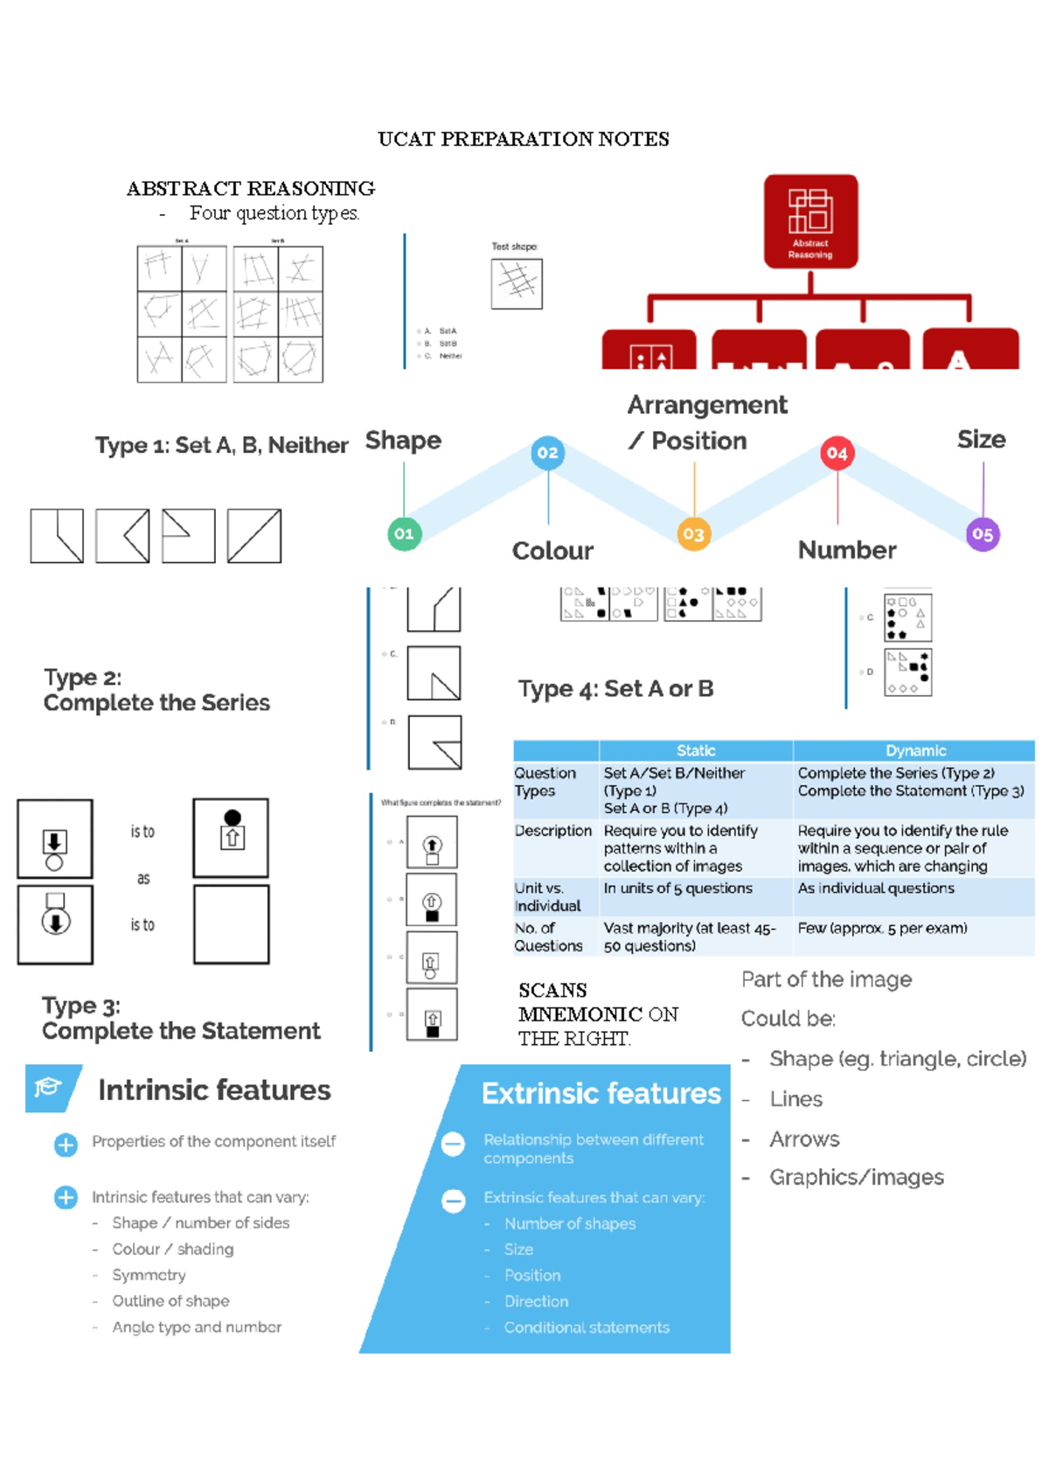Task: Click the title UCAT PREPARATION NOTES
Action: [x=523, y=139]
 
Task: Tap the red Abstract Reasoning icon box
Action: [x=810, y=220]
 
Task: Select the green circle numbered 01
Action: [x=404, y=533]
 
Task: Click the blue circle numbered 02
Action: [x=548, y=452]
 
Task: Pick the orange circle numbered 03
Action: [x=693, y=533]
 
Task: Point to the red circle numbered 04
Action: [x=837, y=453]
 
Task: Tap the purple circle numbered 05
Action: [x=983, y=534]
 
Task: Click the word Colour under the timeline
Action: [x=552, y=551]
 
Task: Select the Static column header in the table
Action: [x=696, y=750]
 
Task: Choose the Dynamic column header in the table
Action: [x=915, y=750]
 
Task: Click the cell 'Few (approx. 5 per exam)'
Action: [x=882, y=929]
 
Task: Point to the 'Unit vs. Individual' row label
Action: [x=547, y=897]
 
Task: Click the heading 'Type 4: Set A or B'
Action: [x=615, y=689]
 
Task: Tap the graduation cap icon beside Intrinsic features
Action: [x=49, y=1087]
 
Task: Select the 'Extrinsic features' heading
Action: [x=601, y=1094]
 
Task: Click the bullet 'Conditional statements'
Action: [x=586, y=1327]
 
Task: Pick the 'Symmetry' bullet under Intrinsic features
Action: [x=149, y=1275]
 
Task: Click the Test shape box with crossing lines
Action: [x=517, y=283]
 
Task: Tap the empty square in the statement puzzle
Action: [x=231, y=924]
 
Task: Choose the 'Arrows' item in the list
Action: [x=804, y=1139]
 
